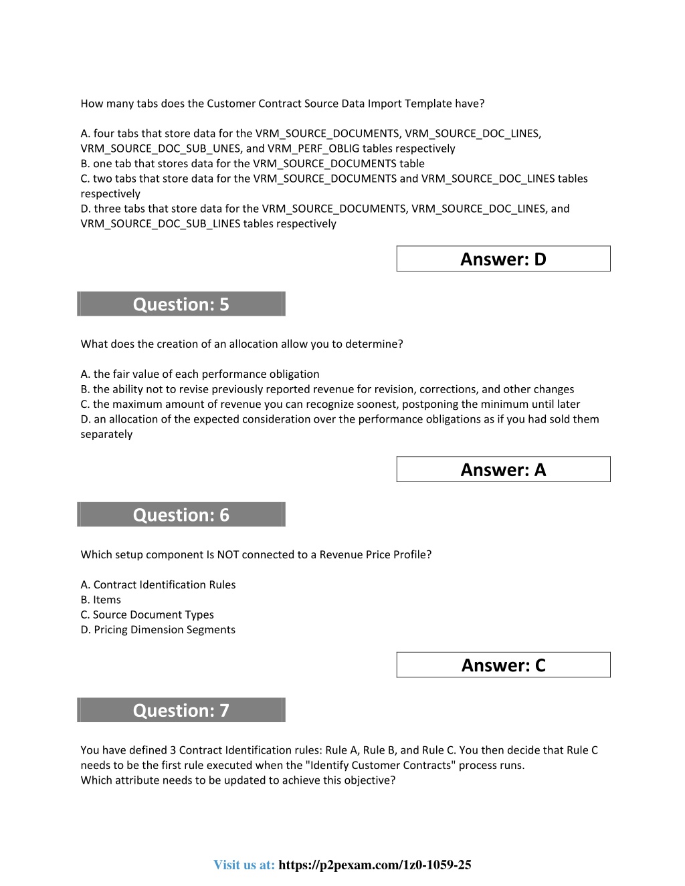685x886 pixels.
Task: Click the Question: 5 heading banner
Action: click(181, 304)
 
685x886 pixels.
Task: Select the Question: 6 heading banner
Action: click(181, 515)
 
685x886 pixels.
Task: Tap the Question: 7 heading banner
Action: click(181, 710)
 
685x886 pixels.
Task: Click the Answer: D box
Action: click(503, 259)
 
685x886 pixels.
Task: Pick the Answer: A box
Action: click(503, 469)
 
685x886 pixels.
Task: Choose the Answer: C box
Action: click(503, 665)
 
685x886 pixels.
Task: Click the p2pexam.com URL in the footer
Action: click(375, 865)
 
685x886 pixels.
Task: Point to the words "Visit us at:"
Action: click(244, 865)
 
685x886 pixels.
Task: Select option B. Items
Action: click(101, 600)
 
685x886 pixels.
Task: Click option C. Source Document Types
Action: click(147, 615)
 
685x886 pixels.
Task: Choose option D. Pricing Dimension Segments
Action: click(158, 630)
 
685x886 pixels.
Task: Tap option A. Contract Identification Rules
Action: click(158, 584)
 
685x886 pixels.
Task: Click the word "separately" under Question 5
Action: click(107, 434)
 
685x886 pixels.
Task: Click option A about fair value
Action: click(200, 374)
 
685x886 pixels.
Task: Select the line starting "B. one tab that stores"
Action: click(252, 163)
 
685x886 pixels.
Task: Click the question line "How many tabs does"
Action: click(282, 104)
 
